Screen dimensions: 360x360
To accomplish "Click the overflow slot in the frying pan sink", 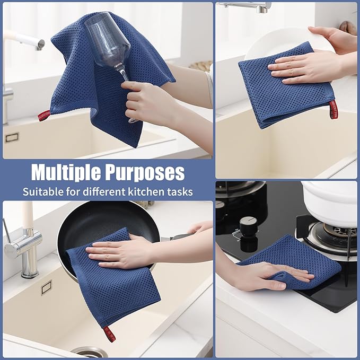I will (x=47, y=287).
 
